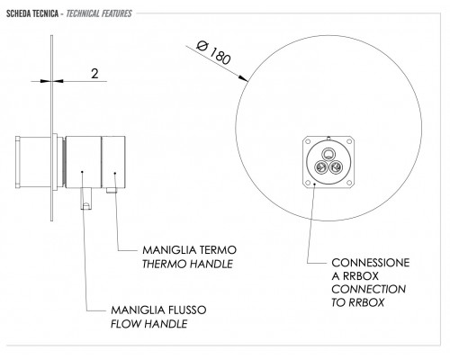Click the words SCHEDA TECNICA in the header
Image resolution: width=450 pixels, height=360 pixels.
click(32, 13)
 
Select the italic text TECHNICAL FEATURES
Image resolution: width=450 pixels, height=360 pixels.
click(99, 13)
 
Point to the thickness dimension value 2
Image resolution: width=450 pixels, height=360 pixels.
click(94, 74)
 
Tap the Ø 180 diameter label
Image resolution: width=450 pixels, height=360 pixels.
click(214, 53)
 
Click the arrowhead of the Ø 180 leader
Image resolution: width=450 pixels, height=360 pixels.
click(243, 78)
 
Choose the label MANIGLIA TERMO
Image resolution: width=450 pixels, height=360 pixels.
click(190, 250)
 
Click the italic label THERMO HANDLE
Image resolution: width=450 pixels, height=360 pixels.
click(187, 264)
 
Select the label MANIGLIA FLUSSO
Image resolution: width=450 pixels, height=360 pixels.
click(158, 310)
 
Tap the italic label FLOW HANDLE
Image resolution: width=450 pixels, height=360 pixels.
click(149, 324)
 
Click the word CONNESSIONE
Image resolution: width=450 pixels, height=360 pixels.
click(371, 263)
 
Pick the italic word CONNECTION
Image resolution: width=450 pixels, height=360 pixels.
click(369, 289)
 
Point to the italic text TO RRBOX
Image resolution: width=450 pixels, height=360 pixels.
click(357, 302)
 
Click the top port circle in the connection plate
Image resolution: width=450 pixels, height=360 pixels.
click(328, 155)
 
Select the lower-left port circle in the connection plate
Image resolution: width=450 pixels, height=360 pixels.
click(320, 166)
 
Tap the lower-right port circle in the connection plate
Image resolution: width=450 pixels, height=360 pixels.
click(335, 166)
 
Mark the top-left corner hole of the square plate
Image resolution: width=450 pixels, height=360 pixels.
click(308, 141)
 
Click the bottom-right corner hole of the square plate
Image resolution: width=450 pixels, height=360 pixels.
click(349, 183)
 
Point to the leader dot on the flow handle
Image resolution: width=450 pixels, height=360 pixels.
click(82, 172)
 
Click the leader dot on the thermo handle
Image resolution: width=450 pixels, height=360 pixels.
click(115, 173)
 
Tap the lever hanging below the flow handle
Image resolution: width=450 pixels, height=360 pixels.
click(86, 199)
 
